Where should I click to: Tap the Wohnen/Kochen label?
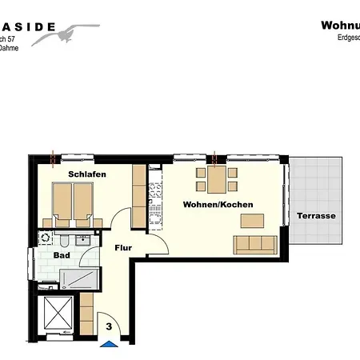(x=218, y=205)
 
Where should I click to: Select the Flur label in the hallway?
(x=123, y=248)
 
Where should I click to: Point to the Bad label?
(x=61, y=255)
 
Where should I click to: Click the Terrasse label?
(x=316, y=216)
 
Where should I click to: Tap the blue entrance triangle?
(x=108, y=346)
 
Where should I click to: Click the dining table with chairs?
(x=213, y=179)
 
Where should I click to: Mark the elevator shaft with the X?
(x=58, y=314)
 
